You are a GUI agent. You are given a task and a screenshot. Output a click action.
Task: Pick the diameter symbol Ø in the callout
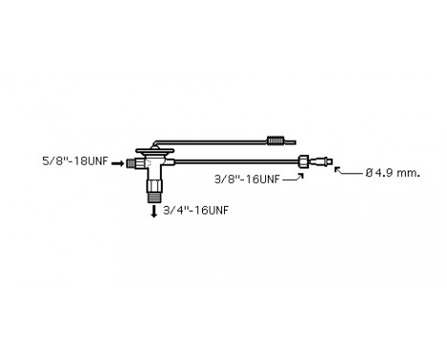369,172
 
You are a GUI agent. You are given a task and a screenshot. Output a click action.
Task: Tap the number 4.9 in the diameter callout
385,172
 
